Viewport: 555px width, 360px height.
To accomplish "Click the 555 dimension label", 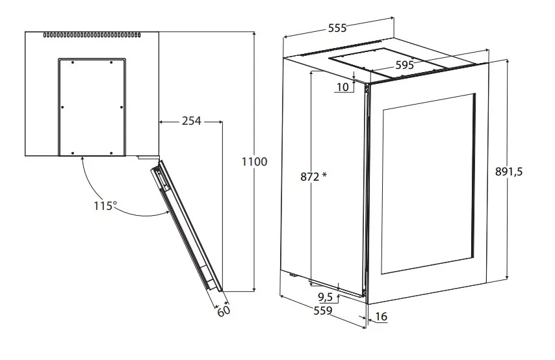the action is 337,27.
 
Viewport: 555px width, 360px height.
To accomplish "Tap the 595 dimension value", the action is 405,65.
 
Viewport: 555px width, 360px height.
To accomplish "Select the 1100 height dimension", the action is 254,162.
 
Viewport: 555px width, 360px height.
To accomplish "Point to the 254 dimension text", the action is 192,121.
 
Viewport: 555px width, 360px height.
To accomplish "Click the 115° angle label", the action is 105,205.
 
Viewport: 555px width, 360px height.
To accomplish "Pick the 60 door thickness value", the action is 224,311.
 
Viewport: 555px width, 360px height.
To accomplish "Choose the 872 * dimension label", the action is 314,176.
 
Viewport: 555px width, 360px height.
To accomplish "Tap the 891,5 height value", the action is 509,172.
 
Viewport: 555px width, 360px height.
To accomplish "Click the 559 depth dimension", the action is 323,311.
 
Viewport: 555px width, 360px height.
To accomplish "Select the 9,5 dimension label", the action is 326,296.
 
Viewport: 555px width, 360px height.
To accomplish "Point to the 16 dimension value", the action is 381,316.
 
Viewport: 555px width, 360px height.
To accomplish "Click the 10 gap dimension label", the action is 342,86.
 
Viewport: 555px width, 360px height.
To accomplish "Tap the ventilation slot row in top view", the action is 92,35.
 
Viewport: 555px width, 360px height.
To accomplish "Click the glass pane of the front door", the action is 428,184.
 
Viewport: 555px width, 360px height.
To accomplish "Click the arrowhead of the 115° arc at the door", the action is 167,212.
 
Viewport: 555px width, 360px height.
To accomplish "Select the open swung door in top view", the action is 187,226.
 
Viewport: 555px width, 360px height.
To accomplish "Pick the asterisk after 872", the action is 324,175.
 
